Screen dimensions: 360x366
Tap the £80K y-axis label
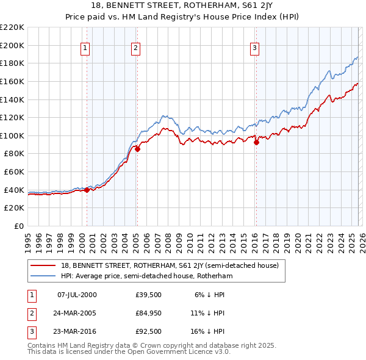tap(14, 154)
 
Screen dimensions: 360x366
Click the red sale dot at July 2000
tap(87, 190)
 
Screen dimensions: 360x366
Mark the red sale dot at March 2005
tap(137, 148)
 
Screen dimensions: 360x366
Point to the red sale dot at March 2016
tap(256, 142)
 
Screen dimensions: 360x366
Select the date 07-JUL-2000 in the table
tap(76, 295)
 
